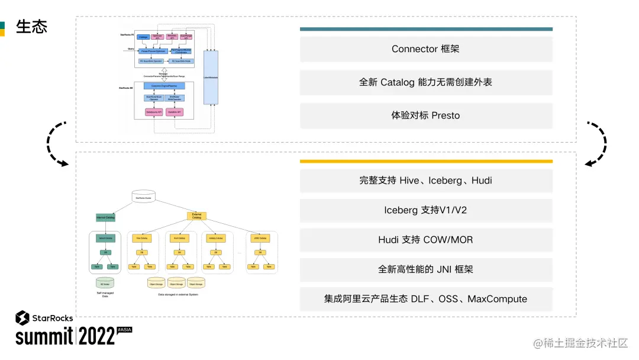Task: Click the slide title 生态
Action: [32, 27]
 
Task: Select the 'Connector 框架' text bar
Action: [425, 49]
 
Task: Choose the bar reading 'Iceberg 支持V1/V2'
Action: [425, 210]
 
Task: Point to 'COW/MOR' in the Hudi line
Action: [448, 240]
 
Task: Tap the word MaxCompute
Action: [497, 299]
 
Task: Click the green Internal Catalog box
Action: [105, 217]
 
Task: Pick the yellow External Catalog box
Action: [196, 216]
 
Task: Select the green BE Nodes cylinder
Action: [105, 282]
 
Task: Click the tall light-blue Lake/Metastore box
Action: [211, 77]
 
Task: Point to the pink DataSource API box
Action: [154, 112]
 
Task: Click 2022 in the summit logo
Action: [96, 336]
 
